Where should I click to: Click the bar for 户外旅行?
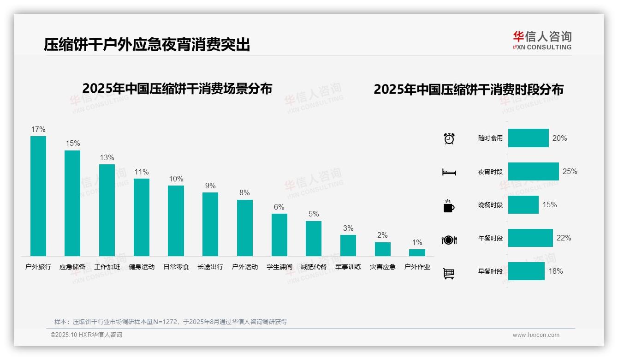38,196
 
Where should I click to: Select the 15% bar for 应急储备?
72,203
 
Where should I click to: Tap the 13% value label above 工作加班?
107,158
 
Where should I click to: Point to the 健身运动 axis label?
142,267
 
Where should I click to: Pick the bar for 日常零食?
176,221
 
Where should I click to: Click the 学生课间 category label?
279,267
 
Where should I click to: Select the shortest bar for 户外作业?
417,252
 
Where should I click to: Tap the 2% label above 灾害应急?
382,235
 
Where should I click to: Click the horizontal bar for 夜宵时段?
533,172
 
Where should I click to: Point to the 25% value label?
570,172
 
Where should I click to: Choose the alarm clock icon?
449,138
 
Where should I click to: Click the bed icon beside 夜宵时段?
449,172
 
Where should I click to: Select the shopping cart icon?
449,273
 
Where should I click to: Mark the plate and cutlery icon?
449,240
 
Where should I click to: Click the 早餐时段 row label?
490,271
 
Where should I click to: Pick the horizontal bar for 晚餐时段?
523,205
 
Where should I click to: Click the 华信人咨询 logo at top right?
542,40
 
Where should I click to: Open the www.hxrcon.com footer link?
536,335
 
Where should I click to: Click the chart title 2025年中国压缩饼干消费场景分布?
177,88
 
